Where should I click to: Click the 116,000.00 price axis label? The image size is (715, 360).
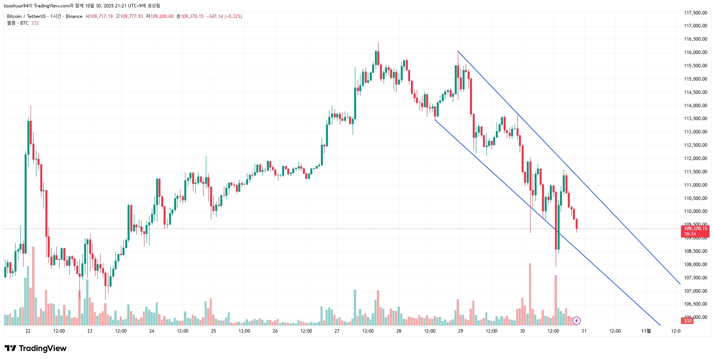click(x=695, y=52)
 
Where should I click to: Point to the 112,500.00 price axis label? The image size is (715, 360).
click(x=695, y=145)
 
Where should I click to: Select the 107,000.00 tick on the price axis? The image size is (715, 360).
click(x=695, y=291)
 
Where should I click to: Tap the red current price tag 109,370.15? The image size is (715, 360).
click(x=695, y=229)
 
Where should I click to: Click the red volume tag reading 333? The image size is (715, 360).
click(x=688, y=321)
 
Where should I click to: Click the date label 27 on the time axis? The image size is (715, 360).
click(x=337, y=331)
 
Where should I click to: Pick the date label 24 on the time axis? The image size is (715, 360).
click(x=151, y=331)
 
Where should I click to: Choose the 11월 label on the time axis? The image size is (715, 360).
click(x=646, y=331)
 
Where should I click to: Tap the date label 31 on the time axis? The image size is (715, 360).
click(x=584, y=331)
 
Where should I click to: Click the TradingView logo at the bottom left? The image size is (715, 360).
click(x=36, y=348)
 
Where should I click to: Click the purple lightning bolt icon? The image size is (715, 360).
click(x=576, y=321)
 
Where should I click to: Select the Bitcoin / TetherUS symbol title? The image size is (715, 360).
click(x=27, y=16)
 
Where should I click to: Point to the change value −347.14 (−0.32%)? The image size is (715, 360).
click(x=224, y=16)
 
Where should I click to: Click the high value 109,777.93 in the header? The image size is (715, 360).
click(x=131, y=16)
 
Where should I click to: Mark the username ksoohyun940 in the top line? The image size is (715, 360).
click(x=17, y=6)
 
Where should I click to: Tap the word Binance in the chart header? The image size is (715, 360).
click(x=74, y=16)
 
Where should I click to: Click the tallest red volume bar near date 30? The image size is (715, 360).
click(x=530, y=293)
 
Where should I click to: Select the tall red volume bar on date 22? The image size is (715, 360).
click(x=33, y=286)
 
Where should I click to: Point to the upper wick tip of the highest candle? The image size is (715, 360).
click(x=378, y=43)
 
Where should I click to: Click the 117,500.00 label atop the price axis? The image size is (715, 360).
click(x=695, y=13)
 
